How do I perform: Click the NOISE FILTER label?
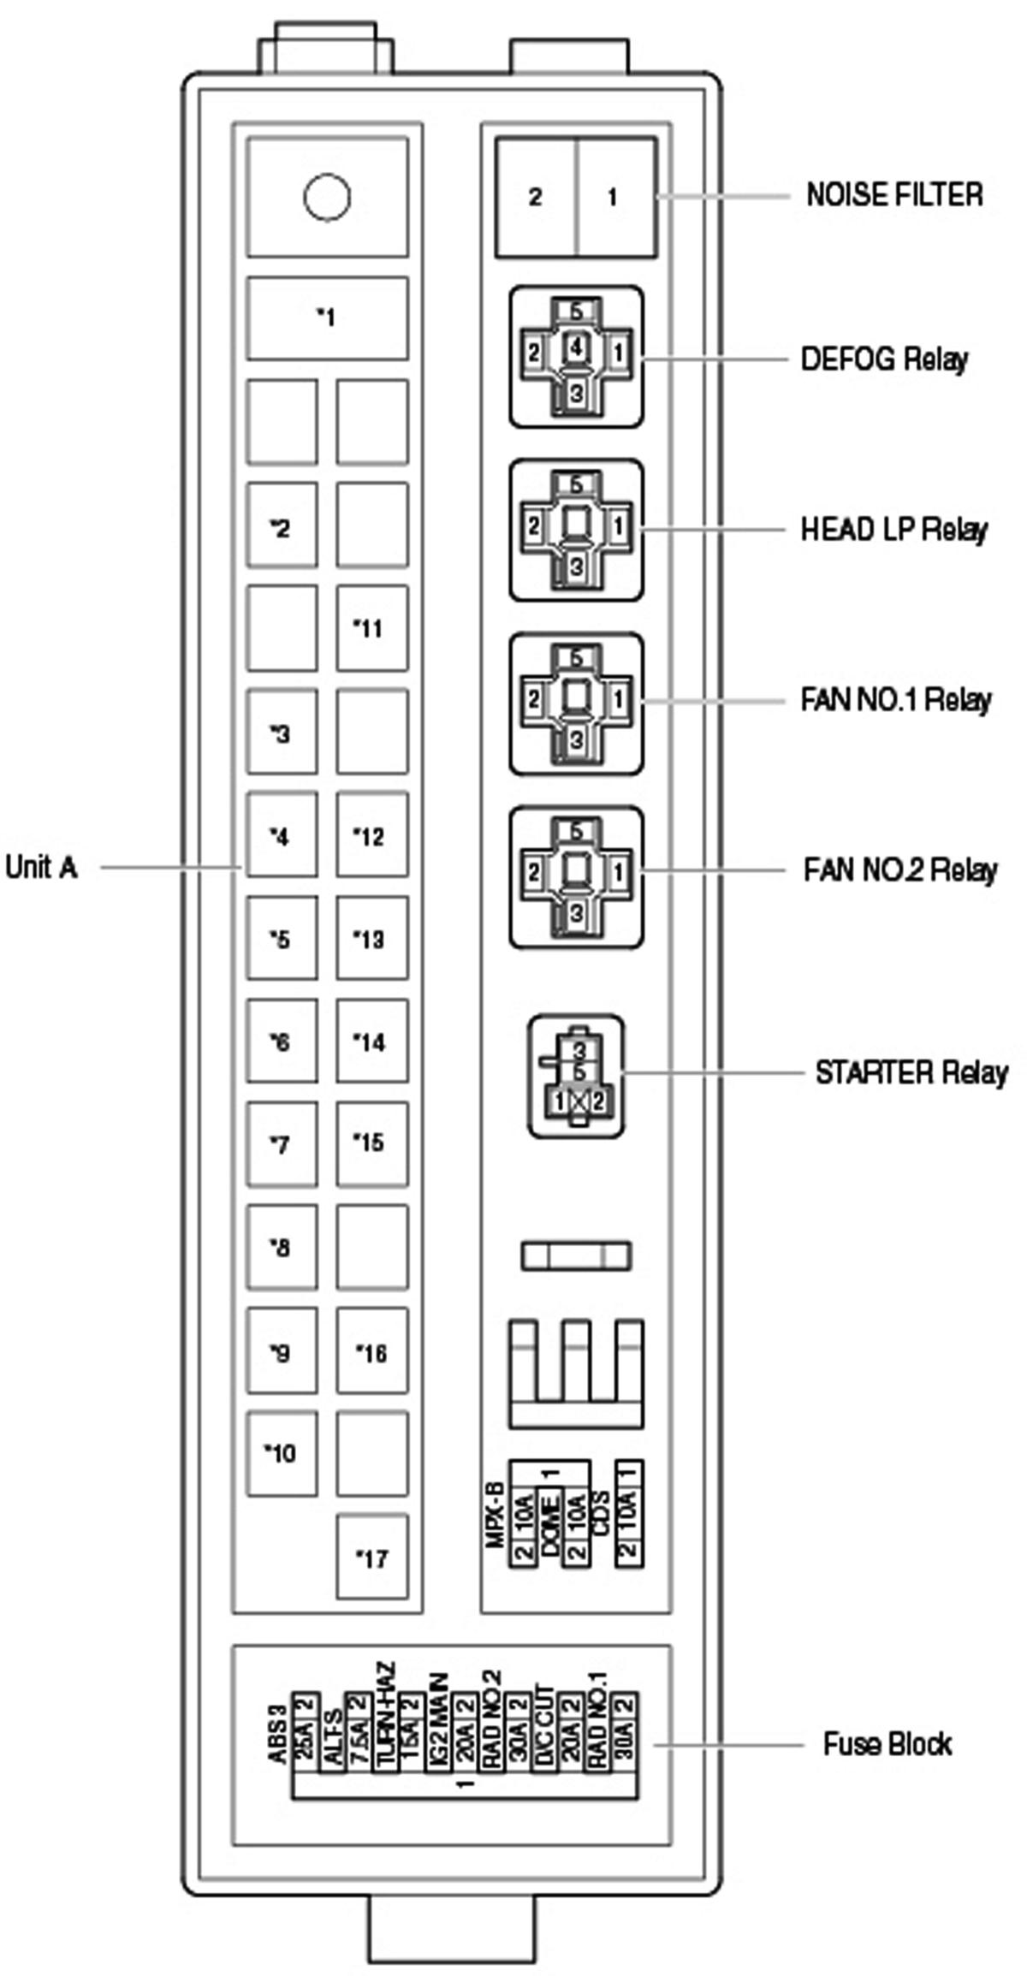click(x=894, y=195)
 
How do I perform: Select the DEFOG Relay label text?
click(x=884, y=359)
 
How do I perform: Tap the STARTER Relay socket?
click(x=576, y=1077)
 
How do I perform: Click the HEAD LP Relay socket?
click(x=576, y=530)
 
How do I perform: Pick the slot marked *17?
click(x=371, y=1558)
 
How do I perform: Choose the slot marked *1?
click(x=327, y=318)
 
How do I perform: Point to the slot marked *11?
click(x=371, y=628)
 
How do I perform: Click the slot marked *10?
click(x=282, y=1453)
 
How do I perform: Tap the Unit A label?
click(x=41, y=868)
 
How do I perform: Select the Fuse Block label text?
click(x=887, y=1744)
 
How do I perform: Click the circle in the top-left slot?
click(x=327, y=197)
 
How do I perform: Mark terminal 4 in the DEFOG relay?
click(x=576, y=348)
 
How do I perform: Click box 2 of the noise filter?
click(x=536, y=197)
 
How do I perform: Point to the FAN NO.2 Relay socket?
click(x=576, y=877)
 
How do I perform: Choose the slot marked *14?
click(x=371, y=1041)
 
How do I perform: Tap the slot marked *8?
click(x=282, y=1248)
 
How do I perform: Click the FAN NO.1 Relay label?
click(x=895, y=700)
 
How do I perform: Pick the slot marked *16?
click(x=371, y=1352)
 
